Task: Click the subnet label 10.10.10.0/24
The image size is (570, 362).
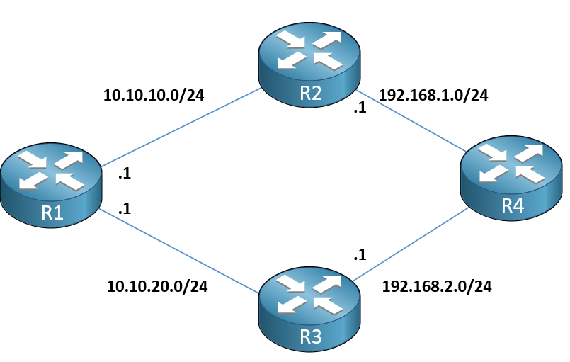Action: tap(154, 95)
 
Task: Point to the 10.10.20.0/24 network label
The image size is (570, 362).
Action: tap(157, 286)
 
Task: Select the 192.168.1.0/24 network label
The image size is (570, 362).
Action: tap(434, 95)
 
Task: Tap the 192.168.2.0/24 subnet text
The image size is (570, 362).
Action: tap(437, 286)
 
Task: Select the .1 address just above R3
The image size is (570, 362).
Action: tap(359, 255)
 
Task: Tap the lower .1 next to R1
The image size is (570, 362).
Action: tap(124, 210)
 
